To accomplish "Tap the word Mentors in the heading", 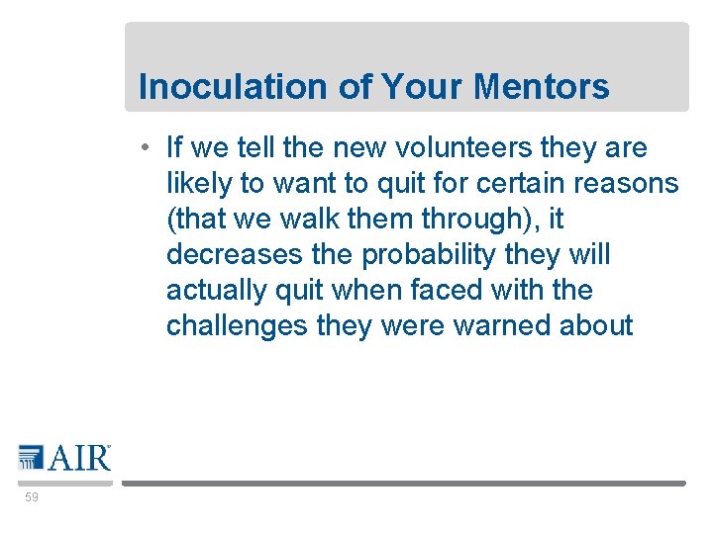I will (542, 87).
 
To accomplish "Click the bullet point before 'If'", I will (145, 148).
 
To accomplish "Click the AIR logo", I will (64, 458).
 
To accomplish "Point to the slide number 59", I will (32, 497).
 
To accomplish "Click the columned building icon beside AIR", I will (31, 457).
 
